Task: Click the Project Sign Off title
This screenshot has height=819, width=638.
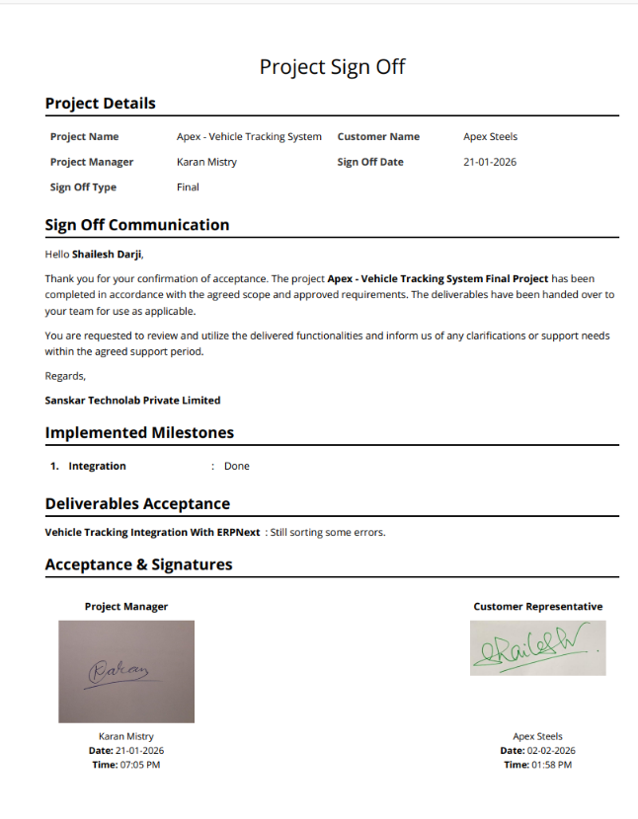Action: coord(332,67)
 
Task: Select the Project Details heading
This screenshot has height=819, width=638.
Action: coord(100,104)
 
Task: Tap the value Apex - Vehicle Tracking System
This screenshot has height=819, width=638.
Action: coord(249,137)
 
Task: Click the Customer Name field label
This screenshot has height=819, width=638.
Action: coord(378,137)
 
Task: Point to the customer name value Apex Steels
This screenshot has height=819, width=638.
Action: coord(490,137)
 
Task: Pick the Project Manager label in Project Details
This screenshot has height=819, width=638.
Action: coord(92,162)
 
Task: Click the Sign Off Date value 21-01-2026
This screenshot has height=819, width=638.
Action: coord(490,162)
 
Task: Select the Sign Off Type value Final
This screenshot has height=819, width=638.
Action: coord(188,186)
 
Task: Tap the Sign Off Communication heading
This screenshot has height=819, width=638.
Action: coord(137,225)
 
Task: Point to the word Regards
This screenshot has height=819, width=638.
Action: coord(65,375)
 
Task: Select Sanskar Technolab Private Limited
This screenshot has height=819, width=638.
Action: coord(132,401)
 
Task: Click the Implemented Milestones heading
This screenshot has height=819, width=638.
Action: coord(139,433)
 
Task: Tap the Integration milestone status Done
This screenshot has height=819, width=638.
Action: coord(237,466)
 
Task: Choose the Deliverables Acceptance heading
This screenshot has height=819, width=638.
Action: coord(137,504)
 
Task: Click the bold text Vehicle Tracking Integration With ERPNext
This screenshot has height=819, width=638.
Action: coord(152,533)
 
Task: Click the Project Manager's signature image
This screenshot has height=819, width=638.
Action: coord(126,671)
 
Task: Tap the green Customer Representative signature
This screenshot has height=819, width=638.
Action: coord(537,648)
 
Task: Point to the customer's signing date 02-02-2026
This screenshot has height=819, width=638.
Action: coord(549,751)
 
